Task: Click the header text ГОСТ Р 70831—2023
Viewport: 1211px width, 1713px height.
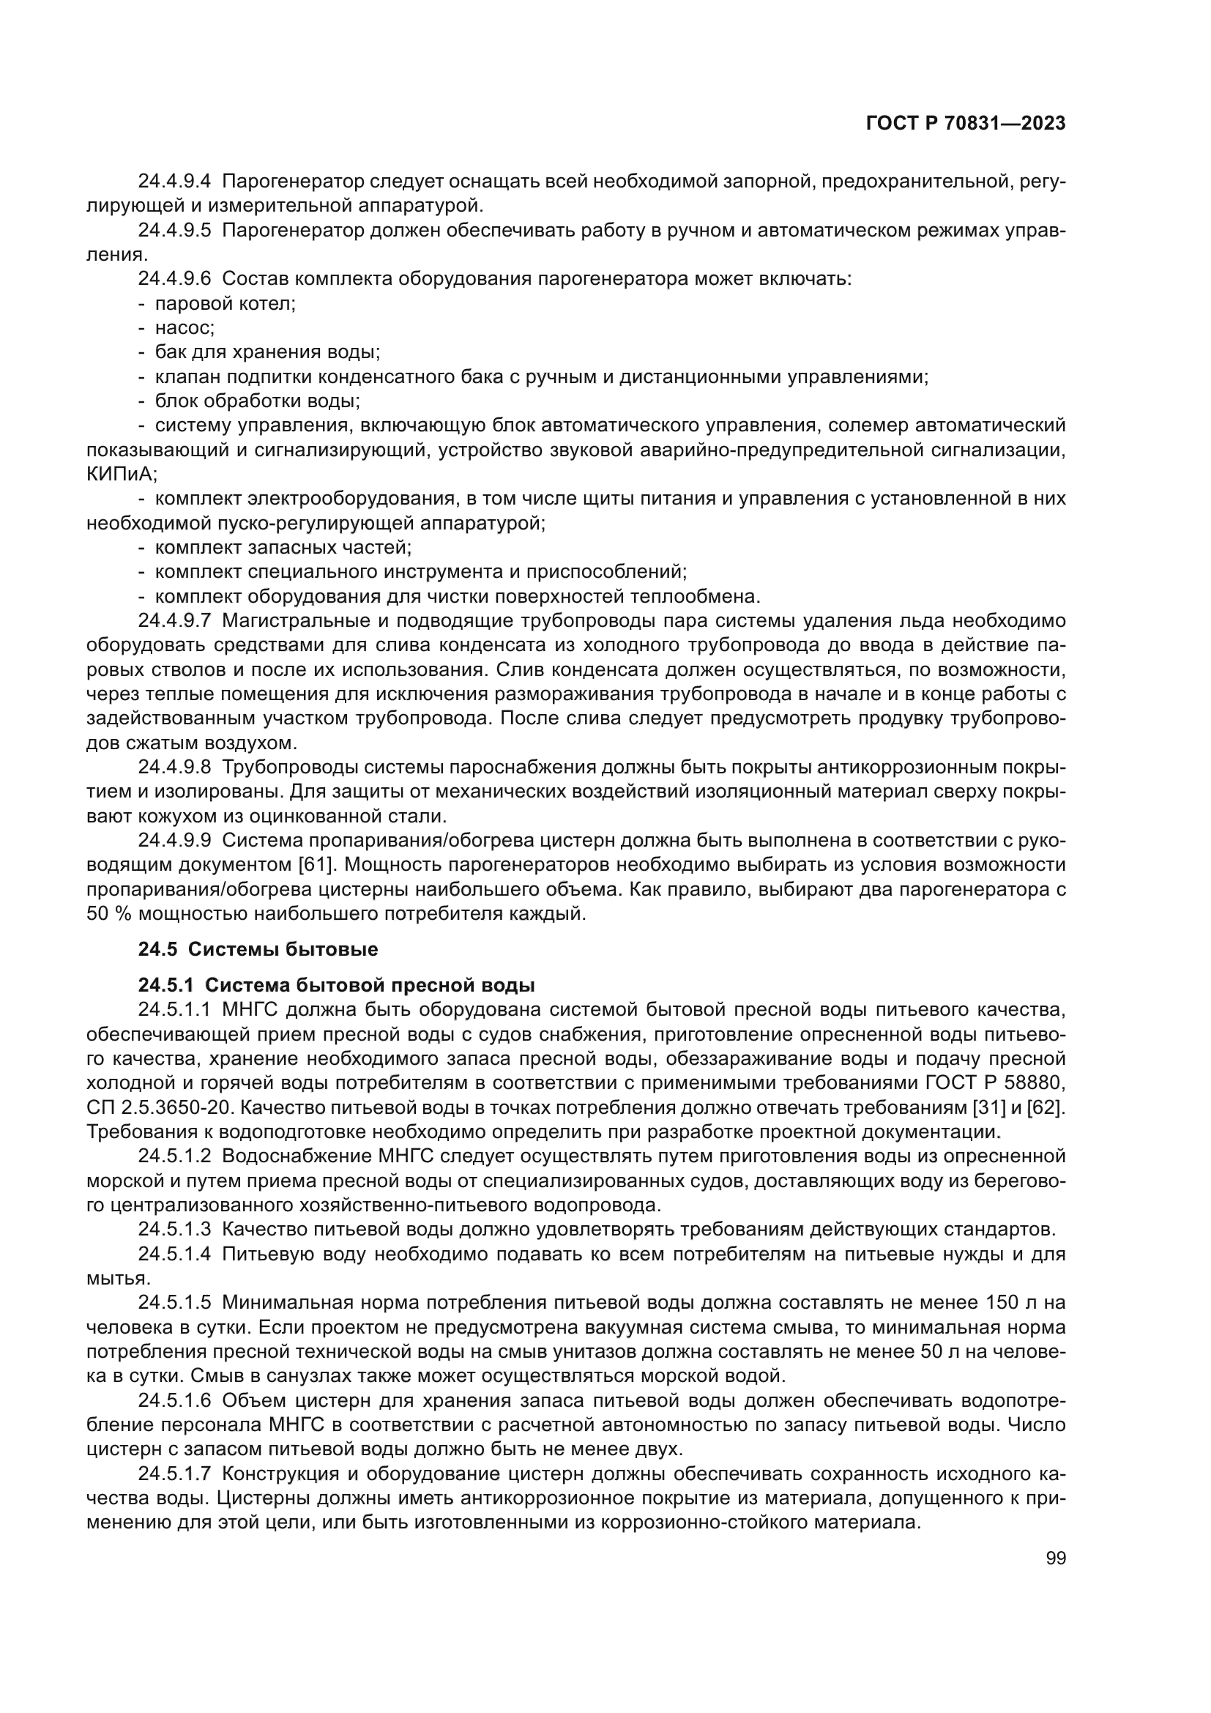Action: [x=965, y=124]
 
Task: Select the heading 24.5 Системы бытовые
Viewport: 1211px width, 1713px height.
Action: [x=258, y=950]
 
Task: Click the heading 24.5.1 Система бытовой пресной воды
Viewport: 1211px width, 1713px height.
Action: [x=336, y=986]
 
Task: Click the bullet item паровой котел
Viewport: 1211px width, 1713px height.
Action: [x=226, y=304]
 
